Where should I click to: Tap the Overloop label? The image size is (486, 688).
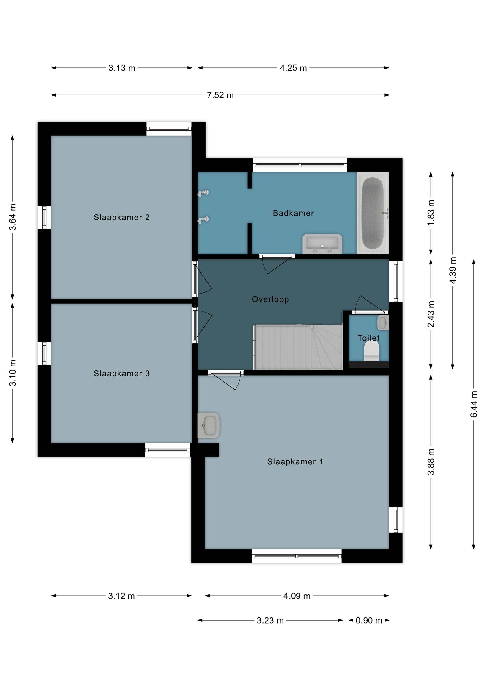(x=270, y=299)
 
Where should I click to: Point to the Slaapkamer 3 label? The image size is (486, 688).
(x=122, y=373)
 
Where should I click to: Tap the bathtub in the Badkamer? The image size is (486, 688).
(x=373, y=213)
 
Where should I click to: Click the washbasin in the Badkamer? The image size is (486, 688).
(x=322, y=244)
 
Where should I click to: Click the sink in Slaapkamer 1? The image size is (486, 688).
(x=209, y=425)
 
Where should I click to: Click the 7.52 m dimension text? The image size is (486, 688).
(x=220, y=95)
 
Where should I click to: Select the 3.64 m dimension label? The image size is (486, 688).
(x=13, y=217)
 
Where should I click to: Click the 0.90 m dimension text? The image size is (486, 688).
(x=369, y=620)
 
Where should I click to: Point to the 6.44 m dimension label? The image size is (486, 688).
(x=474, y=404)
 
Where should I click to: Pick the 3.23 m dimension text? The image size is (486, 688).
(x=270, y=620)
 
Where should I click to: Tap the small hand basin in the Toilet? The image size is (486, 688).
(x=383, y=322)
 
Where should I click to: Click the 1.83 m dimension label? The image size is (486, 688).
(x=431, y=213)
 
